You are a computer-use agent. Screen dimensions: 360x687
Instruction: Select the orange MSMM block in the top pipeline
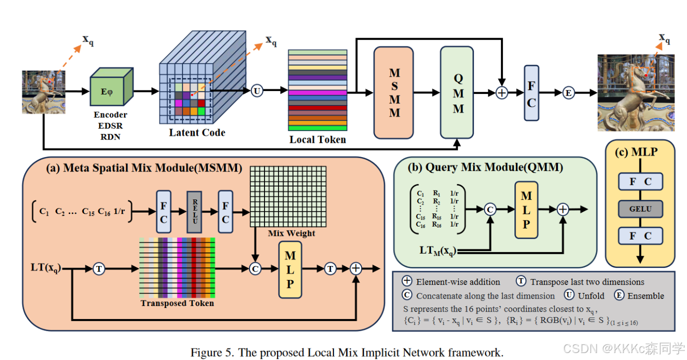tap(393, 92)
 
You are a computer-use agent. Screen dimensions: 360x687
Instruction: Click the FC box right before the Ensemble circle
tap(531, 93)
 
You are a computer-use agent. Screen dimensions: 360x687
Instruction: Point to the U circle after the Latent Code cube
tap(257, 91)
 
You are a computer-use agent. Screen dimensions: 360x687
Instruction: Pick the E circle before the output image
tap(568, 92)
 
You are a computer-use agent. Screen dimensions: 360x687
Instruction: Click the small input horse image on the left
tap(43, 92)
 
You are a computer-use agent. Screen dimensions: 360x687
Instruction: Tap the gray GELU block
tap(640, 208)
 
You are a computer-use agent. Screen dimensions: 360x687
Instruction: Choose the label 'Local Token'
tap(317, 140)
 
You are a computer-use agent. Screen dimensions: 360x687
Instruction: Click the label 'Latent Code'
tap(197, 132)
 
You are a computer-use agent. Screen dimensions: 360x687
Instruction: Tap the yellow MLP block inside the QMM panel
tap(526, 209)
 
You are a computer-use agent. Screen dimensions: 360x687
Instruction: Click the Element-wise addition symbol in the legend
tap(407, 281)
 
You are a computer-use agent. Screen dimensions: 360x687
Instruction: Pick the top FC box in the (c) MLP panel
tap(640, 182)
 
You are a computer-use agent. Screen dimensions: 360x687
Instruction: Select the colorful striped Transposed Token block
tap(177, 268)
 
